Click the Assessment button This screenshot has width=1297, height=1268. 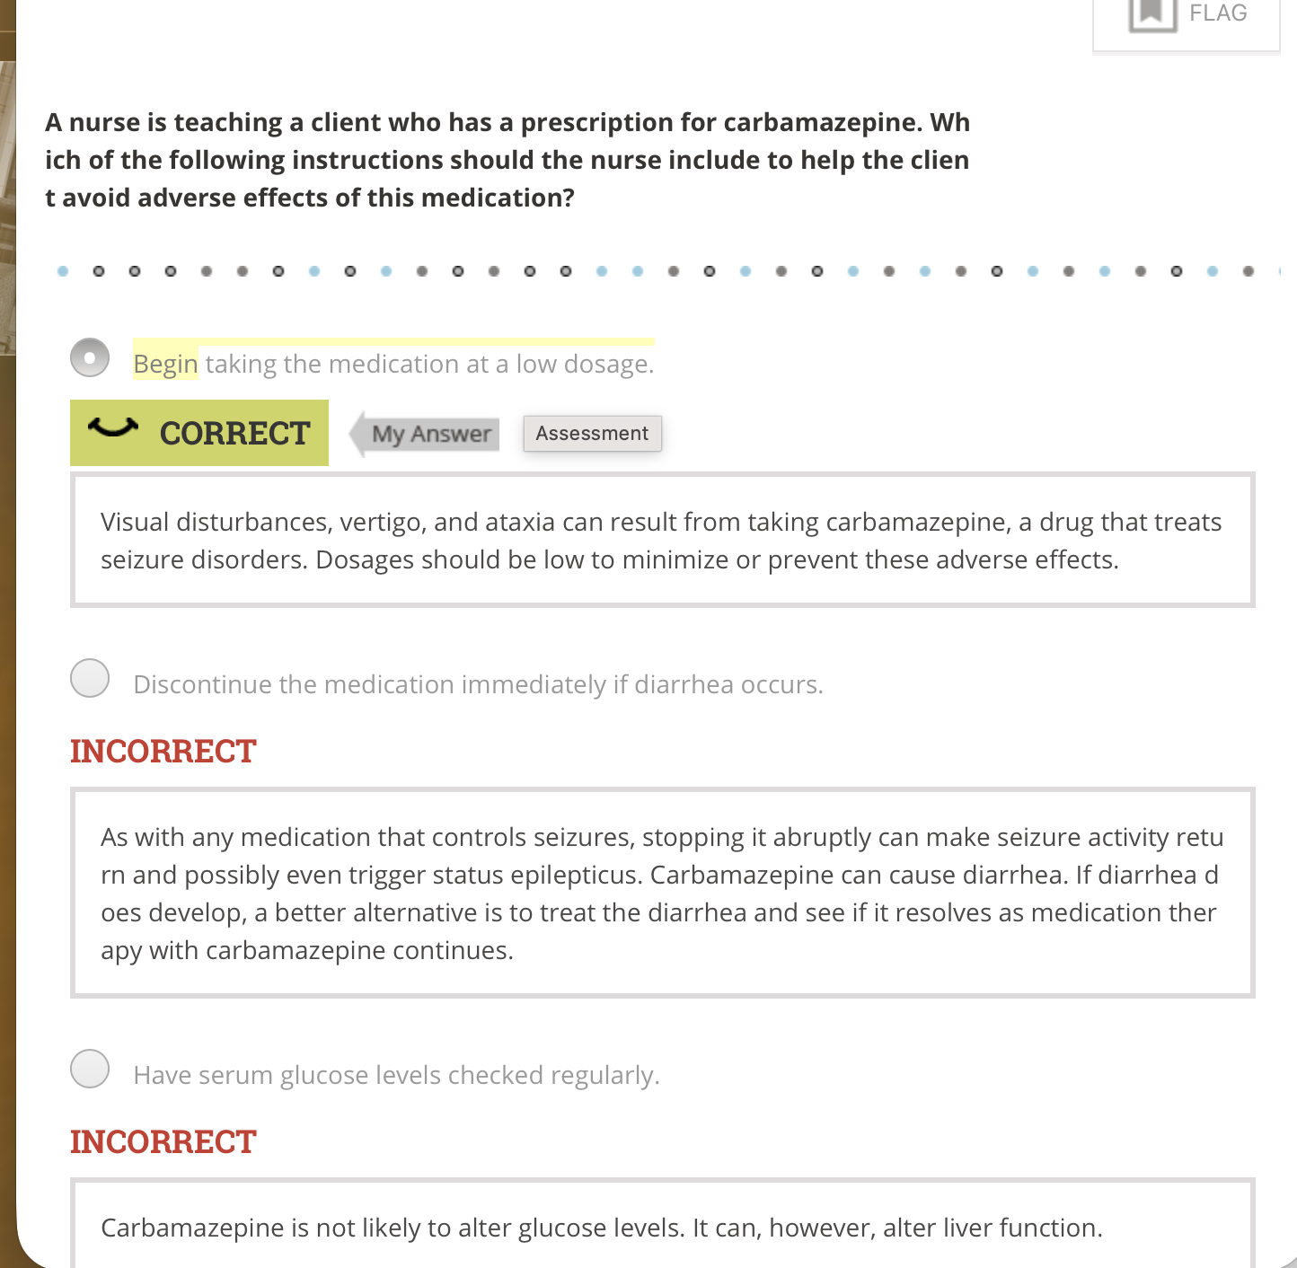(x=592, y=434)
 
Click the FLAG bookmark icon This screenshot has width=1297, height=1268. (x=1152, y=13)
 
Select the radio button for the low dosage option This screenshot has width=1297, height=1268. (x=90, y=357)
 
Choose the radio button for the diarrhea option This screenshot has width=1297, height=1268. (x=90, y=678)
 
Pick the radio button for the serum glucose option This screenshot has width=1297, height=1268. (x=90, y=1069)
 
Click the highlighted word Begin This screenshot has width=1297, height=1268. (x=165, y=364)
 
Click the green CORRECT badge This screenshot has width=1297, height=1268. (x=199, y=433)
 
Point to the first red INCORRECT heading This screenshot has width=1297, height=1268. (x=163, y=752)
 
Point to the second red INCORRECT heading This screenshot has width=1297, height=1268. (x=163, y=1142)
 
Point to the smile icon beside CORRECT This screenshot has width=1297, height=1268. (x=113, y=428)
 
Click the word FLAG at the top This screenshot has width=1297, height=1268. (x=1218, y=13)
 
